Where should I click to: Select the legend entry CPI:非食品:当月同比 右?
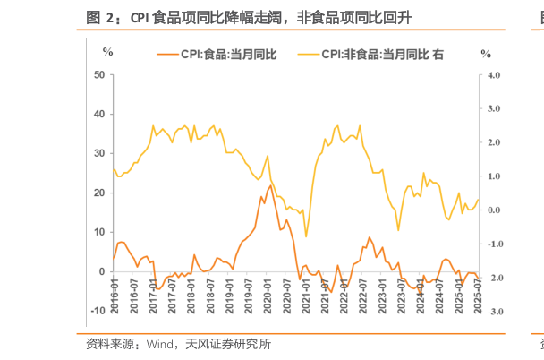tap(383, 55)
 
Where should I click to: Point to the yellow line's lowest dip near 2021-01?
tap(306, 237)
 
